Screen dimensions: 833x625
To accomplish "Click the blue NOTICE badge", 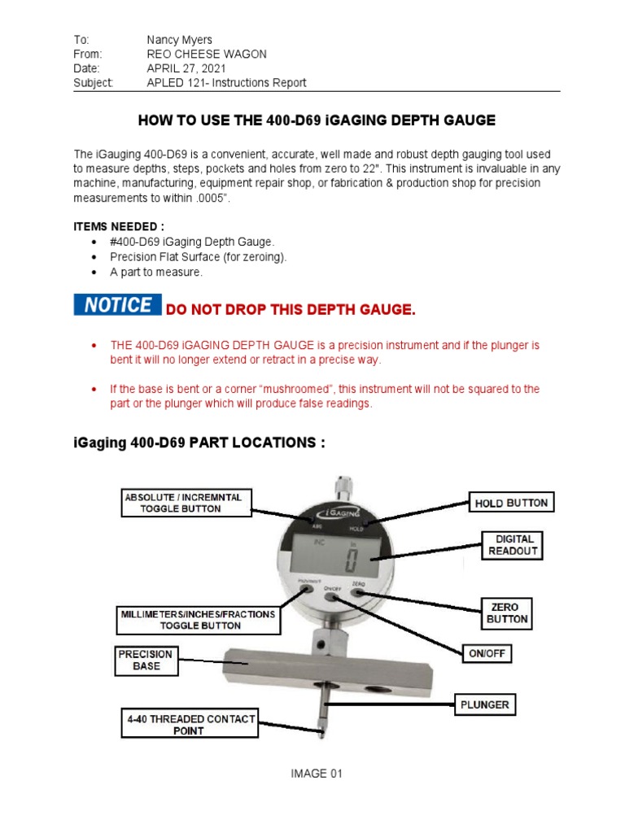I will [117, 305].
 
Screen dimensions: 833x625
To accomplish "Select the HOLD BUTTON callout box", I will [512, 504].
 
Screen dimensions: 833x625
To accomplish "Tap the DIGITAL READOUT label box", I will [512, 544].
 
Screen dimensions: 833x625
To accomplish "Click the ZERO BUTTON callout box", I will [508, 613].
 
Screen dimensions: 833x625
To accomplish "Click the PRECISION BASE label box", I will [146, 660].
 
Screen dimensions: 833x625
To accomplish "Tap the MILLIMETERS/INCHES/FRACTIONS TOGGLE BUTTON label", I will [199, 619].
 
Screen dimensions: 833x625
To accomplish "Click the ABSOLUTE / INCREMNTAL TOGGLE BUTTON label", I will [187, 502].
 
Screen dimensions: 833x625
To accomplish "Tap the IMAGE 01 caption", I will [317, 774].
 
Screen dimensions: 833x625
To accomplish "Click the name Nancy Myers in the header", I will [178, 39].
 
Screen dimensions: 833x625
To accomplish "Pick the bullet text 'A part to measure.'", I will [155, 272].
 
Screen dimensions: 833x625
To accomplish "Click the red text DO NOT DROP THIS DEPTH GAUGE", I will [291, 310].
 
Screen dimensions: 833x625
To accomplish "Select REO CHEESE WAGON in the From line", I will [206, 54].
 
